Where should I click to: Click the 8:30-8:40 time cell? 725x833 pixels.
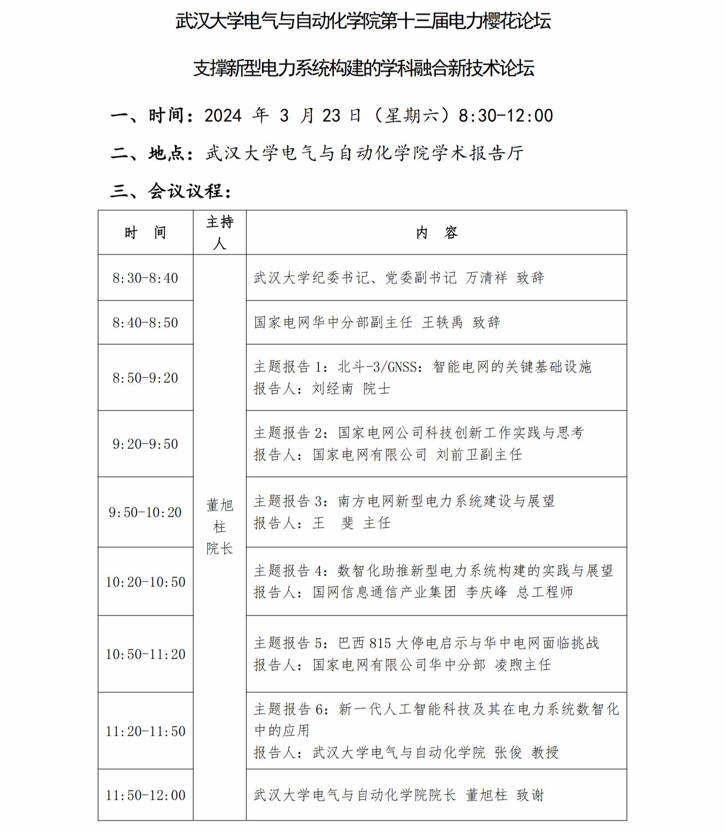[x=145, y=278]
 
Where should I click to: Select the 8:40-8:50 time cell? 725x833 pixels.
[x=145, y=323]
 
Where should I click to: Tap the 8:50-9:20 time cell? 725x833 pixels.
[x=145, y=378]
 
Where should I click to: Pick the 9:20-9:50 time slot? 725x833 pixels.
[x=145, y=444]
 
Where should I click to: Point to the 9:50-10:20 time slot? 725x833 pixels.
[x=145, y=512]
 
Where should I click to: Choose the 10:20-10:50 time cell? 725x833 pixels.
[x=145, y=582]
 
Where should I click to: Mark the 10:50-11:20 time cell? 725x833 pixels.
[x=145, y=654]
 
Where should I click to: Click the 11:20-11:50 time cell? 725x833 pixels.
[x=145, y=731]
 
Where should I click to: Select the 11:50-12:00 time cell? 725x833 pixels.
[x=145, y=795]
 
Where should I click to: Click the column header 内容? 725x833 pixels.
[x=437, y=233]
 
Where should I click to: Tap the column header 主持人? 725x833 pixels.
[x=220, y=233]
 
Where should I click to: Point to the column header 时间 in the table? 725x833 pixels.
[x=145, y=233]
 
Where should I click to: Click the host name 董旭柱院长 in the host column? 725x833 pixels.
[x=220, y=526]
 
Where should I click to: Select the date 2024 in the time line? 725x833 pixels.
[x=223, y=116]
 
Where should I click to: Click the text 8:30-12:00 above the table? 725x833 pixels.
[x=505, y=116]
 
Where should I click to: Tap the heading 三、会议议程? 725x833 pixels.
[x=171, y=191]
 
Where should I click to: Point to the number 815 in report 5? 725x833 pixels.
[x=380, y=643]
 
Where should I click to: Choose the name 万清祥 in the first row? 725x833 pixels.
[x=486, y=278]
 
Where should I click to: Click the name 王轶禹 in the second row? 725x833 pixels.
[x=442, y=323]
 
